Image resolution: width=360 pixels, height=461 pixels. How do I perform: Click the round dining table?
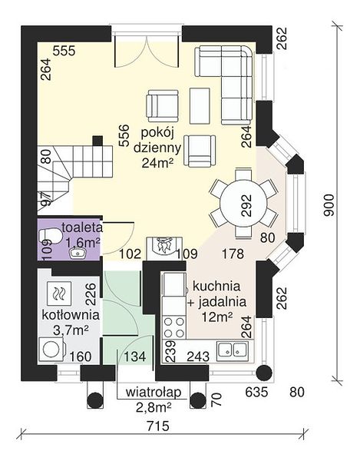point(244,203)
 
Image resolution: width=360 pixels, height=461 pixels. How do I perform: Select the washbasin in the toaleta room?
point(78,253)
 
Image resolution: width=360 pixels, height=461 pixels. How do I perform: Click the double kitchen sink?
point(233,351)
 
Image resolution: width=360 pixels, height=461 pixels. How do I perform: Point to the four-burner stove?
point(174,327)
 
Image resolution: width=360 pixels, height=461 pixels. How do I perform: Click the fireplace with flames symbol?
point(164,247)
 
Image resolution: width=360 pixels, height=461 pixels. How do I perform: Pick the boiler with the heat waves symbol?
point(59,294)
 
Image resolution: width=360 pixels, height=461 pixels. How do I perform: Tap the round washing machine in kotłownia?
point(51,349)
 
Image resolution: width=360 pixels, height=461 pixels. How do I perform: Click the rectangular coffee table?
point(200,105)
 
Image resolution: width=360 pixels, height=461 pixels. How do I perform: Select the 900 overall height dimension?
point(329,205)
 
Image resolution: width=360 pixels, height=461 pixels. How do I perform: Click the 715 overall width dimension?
point(158,425)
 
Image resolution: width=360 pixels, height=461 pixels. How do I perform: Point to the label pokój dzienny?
point(157,141)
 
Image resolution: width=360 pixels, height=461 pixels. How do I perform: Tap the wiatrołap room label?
point(154,392)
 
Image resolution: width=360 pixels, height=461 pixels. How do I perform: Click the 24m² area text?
point(157,163)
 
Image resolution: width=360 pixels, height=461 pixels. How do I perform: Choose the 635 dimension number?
point(256,392)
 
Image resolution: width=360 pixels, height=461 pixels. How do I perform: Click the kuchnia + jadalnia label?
point(216,294)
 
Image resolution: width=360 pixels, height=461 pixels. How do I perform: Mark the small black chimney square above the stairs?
point(97,141)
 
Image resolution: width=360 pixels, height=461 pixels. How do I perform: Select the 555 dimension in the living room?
point(64,51)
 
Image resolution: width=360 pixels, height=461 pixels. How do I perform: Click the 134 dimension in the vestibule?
point(135,357)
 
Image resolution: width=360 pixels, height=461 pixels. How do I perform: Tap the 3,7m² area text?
point(71,330)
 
